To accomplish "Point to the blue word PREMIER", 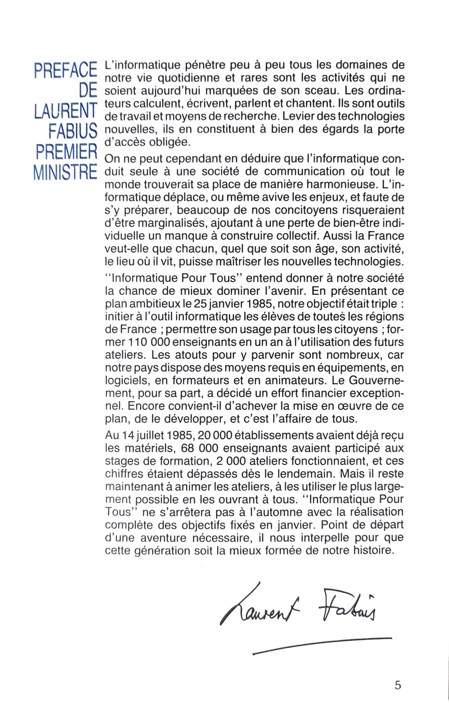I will (67, 152).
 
